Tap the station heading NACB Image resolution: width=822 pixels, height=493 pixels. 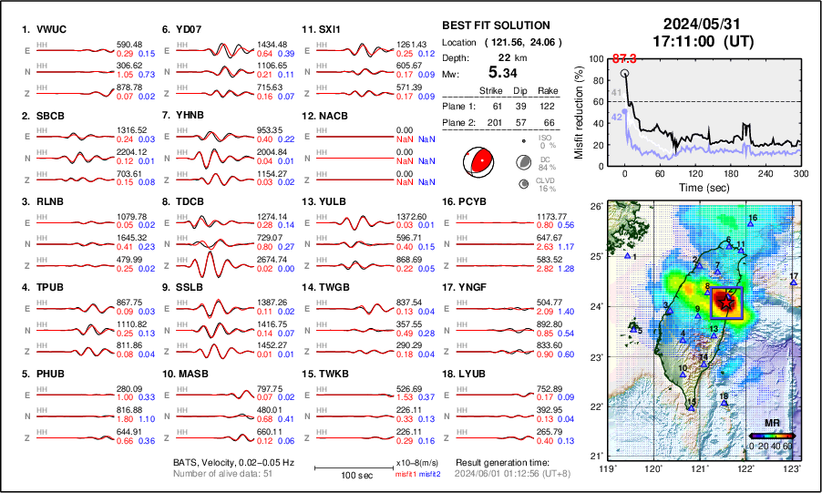pos(328,115)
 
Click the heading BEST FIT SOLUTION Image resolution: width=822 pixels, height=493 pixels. pos(495,26)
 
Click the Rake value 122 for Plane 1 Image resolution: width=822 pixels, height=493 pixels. pos(547,106)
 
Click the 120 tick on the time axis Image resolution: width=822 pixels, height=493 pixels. pos(695,173)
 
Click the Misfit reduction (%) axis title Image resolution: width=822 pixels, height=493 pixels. pos(579,110)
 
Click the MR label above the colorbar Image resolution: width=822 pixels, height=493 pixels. pos(771,424)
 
